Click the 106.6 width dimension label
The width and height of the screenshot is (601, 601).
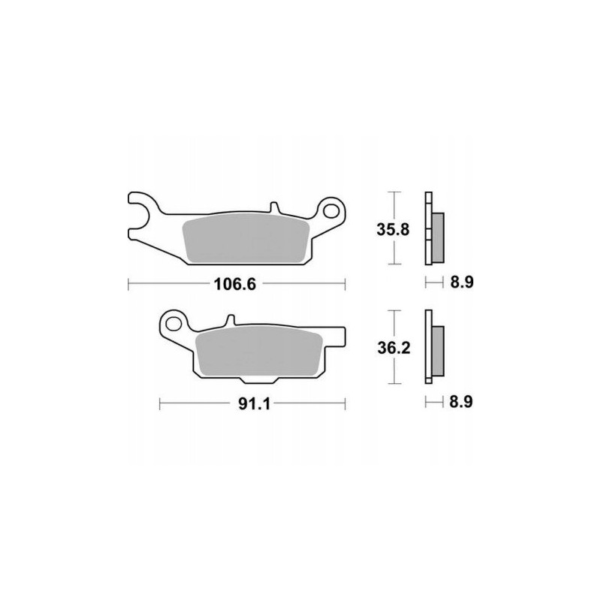click(237, 284)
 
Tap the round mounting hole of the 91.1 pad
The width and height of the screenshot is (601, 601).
click(175, 325)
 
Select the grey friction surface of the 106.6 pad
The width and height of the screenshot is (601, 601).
click(244, 240)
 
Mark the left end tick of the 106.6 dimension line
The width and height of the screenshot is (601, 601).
click(129, 284)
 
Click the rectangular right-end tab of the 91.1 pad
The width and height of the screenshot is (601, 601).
click(337, 340)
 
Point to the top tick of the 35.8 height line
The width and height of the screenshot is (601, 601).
click(392, 192)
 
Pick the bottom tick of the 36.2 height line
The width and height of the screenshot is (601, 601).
click(392, 385)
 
